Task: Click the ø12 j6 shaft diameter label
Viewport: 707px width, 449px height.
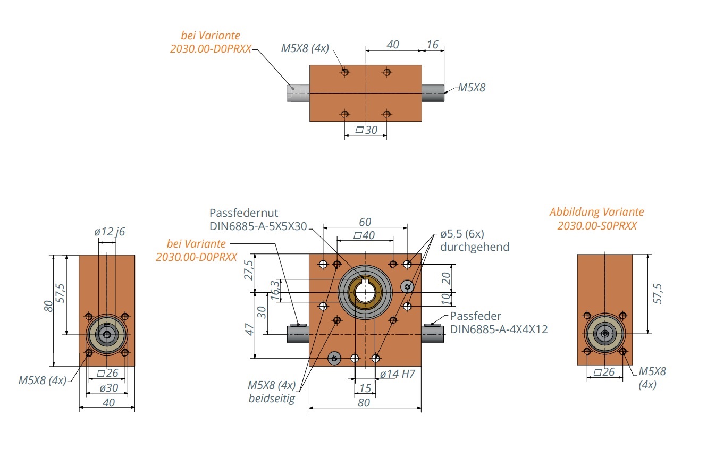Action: (110, 232)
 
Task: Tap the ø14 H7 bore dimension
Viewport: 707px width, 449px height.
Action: (397, 374)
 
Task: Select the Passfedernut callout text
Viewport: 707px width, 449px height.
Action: (244, 213)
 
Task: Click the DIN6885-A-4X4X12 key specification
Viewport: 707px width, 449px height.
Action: (499, 329)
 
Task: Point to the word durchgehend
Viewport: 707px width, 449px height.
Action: (475, 247)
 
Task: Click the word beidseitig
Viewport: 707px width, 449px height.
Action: (272, 398)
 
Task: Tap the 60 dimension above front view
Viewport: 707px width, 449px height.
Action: (365, 222)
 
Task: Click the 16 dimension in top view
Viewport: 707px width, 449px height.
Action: (433, 45)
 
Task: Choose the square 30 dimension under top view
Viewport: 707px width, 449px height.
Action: (366, 130)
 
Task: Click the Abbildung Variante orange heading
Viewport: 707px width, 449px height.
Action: (596, 212)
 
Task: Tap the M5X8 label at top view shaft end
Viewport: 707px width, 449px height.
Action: (472, 88)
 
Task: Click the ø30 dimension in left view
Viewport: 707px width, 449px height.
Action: (108, 388)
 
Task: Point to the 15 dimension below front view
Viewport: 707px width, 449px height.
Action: (365, 388)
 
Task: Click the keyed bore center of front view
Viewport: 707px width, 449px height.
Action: (365, 292)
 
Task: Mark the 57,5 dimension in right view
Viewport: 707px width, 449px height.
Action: (658, 294)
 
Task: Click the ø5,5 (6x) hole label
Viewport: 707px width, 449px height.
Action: (461, 234)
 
